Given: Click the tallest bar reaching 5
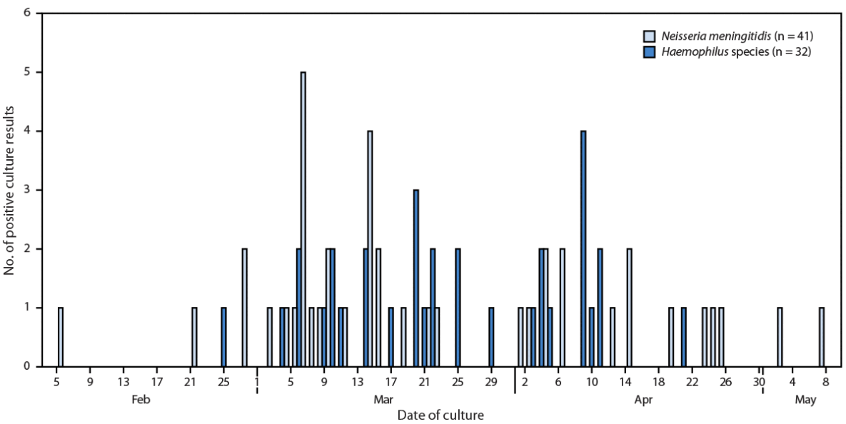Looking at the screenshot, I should (303, 219).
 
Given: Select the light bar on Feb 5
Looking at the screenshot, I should (61, 337).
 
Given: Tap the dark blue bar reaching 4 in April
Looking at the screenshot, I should (583, 248).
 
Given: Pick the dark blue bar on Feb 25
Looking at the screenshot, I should (223, 337).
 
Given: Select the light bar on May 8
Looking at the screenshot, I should (822, 337).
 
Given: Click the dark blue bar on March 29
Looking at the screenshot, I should (491, 337).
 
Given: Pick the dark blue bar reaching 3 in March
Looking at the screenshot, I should (416, 278).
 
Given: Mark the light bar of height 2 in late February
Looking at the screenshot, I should (244, 308).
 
